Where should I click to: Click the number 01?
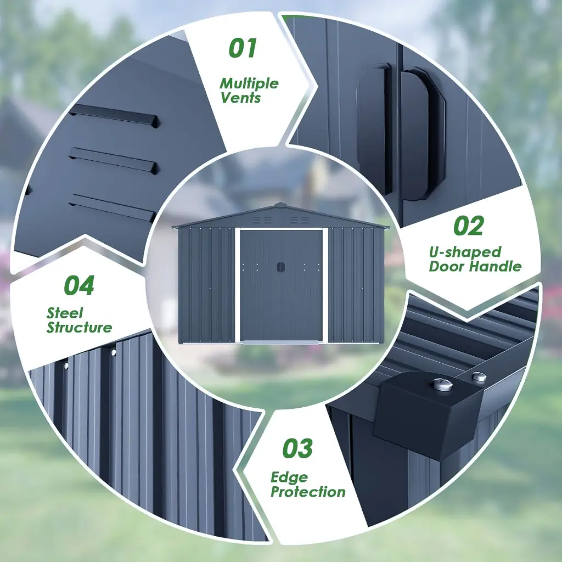coord(243,48)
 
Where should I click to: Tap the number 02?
coord(469,226)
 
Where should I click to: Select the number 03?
coord(297,448)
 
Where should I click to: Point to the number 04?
coord(79,285)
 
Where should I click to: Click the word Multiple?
coord(249,83)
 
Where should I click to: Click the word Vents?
coord(240,98)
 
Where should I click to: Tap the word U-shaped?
coord(465,252)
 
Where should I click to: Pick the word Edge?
coord(289,477)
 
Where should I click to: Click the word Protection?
coord(308,492)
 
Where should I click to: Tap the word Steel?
coord(65,313)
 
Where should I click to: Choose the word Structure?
coord(79,327)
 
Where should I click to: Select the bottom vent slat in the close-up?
coord(112,207)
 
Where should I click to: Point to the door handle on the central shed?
coord(280,267)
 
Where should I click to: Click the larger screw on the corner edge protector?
coord(443,384)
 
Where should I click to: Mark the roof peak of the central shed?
coord(280,205)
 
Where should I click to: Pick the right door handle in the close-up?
coord(423,133)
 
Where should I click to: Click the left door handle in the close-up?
coord(374,129)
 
